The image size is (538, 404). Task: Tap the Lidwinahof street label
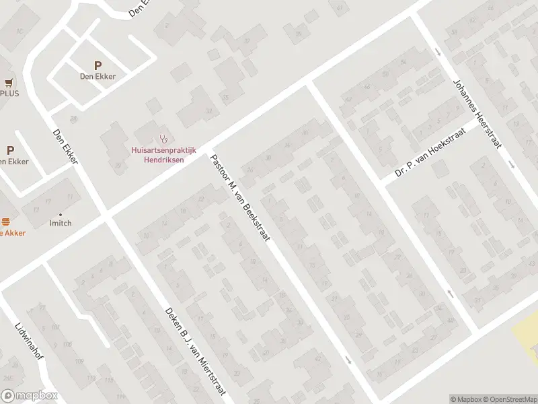click(x=28, y=339)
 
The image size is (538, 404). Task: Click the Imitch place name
click(x=60, y=224)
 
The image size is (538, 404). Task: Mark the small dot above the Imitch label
click(x=61, y=213)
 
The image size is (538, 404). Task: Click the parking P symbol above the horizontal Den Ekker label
click(x=98, y=65)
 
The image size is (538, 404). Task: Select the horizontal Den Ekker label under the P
click(x=98, y=77)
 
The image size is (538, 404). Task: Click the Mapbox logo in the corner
click(x=28, y=396)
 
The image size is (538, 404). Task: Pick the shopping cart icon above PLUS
click(x=9, y=83)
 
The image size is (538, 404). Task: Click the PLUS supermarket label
click(x=9, y=94)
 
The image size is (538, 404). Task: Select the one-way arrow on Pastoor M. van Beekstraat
click(x=348, y=360)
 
